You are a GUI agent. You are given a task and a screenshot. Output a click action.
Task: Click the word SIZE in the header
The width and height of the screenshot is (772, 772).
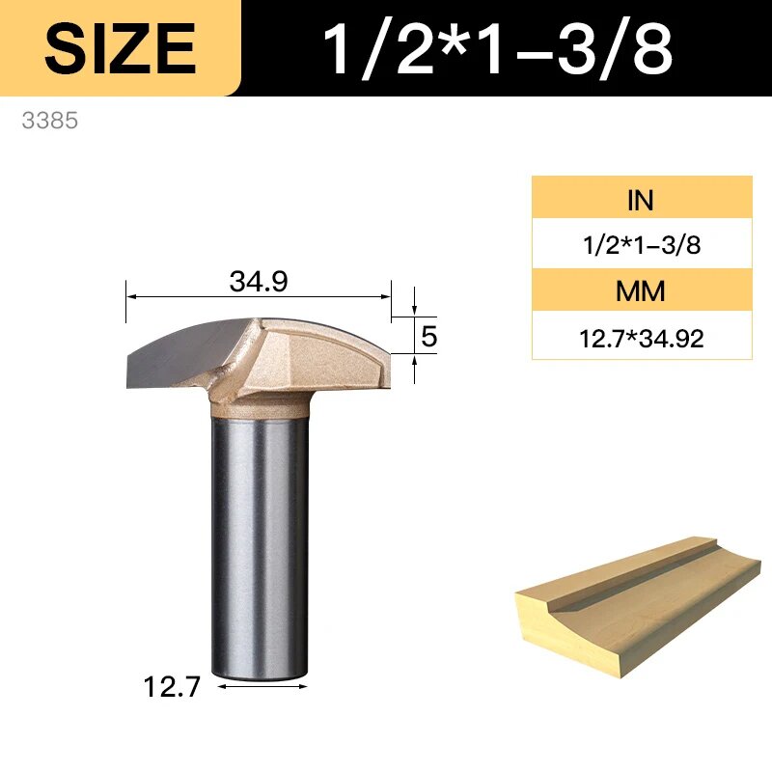pyautogui.click(x=120, y=48)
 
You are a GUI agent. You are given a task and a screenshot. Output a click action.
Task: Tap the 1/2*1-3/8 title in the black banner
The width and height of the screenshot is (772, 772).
pyautogui.click(x=497, y=49)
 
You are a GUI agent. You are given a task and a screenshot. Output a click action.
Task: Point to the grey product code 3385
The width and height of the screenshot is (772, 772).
pyautogui.click(x=50, y=121)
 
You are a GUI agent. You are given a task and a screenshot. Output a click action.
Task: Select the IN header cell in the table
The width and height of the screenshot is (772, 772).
pyautogui.click(x=642, y=199)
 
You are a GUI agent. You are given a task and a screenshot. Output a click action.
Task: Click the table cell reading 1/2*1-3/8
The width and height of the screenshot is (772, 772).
pyautogui.click(x=642, y=244)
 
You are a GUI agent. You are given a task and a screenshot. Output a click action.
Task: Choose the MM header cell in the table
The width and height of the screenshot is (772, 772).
pyautogui.click(x=642, y=290)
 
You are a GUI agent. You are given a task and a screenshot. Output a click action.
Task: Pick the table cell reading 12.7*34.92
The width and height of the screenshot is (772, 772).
pyautogui.click(x=642, y=339)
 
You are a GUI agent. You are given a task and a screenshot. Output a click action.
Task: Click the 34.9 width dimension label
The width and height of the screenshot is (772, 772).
pyautogui.click(x=259, y=282)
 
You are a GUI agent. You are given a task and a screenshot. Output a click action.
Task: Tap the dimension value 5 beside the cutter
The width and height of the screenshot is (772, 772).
pyautogui.click(x=428, y=336)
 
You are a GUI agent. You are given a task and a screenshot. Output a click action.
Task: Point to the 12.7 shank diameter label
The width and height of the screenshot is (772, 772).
pyautogui.click(x=172, y=686)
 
